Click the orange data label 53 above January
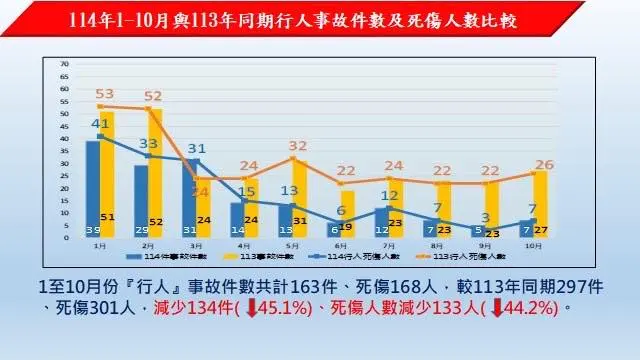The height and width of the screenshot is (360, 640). point(106,94)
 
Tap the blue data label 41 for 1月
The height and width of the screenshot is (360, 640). point(100,124)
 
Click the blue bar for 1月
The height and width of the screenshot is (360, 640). point(93,185)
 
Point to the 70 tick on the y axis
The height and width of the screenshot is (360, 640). point(64,63)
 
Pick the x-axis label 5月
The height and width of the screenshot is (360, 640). point(291,244)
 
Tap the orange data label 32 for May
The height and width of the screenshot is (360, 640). point(298,146)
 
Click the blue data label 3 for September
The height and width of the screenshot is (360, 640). point(484,217)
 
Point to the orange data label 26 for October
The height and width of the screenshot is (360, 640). point(544,164)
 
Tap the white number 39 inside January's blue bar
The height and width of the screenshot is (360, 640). point(93,230)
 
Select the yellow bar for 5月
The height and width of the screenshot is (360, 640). point(299,200)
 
